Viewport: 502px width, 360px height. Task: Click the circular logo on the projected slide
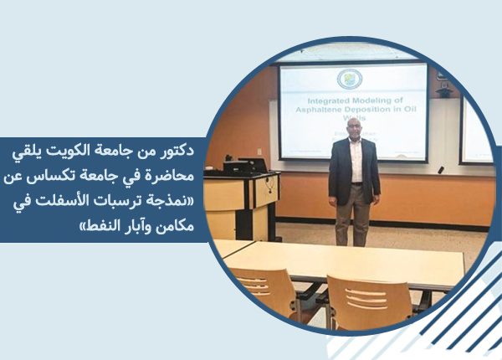tap(349, 79)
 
